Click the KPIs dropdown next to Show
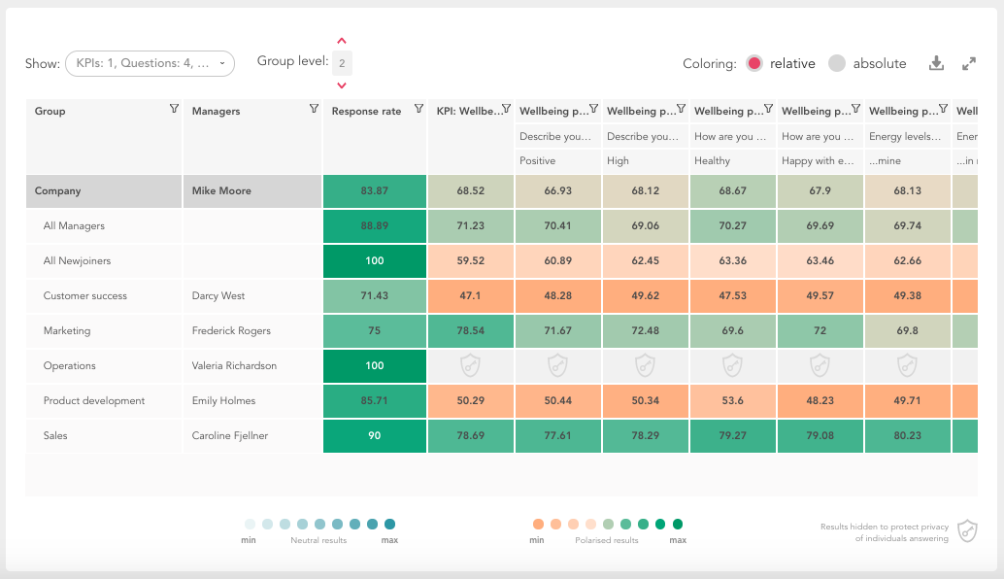[150, 63]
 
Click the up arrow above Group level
[342, 42]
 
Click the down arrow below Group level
[342, 85]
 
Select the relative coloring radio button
[754, 63]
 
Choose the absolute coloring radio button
[837, 63]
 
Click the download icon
[936, 63]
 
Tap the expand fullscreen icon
[969, 63]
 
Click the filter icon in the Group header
[174, 109]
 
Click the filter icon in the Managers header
[314, 109]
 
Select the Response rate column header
[366, 111]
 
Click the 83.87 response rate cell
[374, 190]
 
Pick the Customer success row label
[85, 295]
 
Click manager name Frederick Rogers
[231, 330]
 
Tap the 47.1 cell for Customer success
[471, 295]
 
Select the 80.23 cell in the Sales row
[908, 435]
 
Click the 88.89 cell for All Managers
[374, 225]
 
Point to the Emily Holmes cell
[223, 400]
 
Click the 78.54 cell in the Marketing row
[471, 330]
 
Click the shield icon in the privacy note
[967, 530]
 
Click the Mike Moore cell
[221, 190]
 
